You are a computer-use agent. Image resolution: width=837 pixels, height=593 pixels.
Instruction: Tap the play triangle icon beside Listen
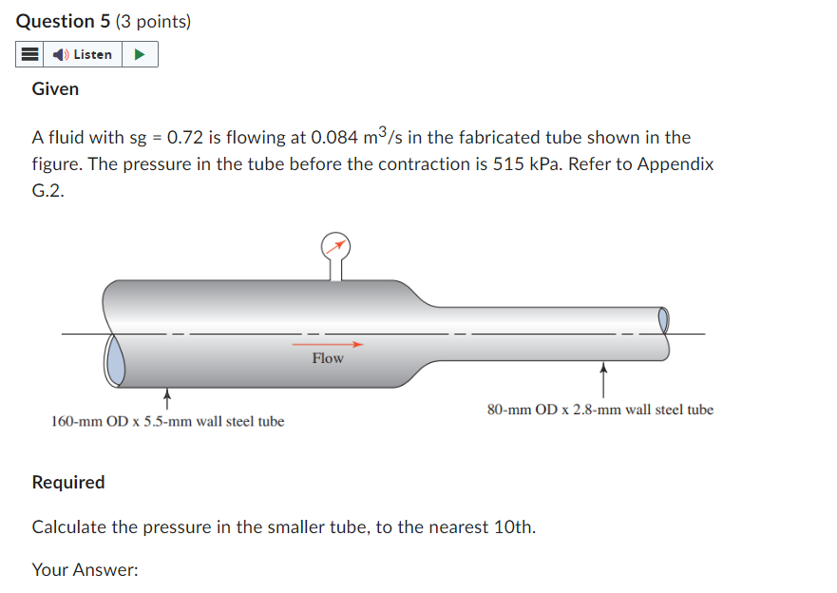point(140,54)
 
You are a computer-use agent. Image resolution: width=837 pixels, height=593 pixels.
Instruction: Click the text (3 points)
point(154,20)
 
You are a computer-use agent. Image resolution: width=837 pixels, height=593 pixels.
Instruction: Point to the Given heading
point(55,88)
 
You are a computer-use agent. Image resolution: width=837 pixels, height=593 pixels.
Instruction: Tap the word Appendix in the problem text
point(675,163)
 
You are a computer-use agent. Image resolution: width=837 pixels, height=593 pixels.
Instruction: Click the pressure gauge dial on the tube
point(335,246)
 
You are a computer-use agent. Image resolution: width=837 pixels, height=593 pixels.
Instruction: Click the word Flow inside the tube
point(328,358)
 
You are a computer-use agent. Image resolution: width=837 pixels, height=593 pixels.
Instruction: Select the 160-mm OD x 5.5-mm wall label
point(167,421)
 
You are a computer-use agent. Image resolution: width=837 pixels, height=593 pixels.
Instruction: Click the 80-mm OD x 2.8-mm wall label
point(599,410)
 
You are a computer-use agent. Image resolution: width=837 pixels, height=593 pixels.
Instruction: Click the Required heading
point(68,482)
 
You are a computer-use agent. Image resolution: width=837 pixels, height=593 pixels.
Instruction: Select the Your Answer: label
point(85,570)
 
